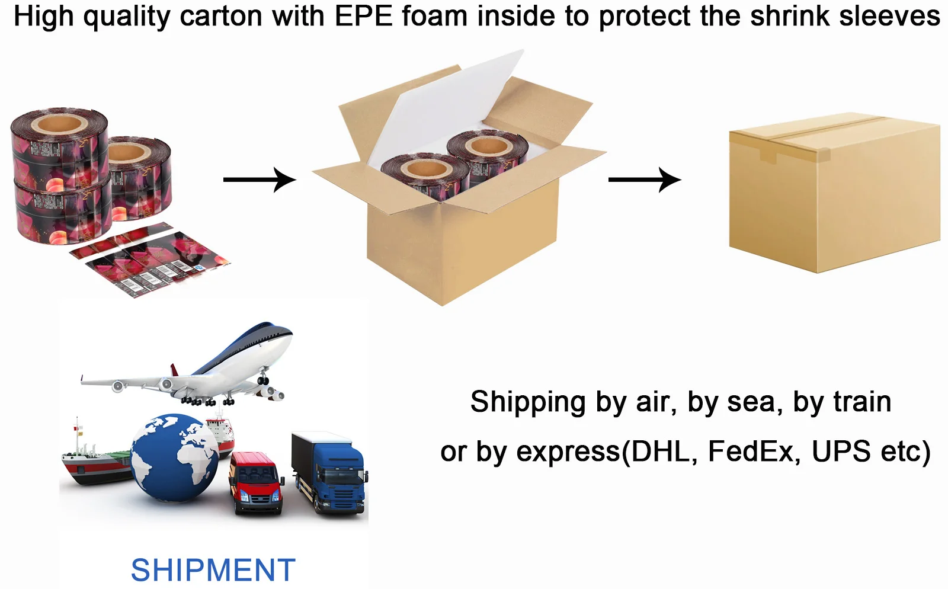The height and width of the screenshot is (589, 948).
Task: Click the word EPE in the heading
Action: click(364, 16)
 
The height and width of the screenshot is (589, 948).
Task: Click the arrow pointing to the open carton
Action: click(259, 179)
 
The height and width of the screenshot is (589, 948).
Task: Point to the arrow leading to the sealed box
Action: click(644, 179)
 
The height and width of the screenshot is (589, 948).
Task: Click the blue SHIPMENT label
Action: click(213, 570)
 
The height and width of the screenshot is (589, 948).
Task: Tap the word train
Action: click(862, 402)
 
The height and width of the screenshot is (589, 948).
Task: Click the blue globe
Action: click(175, 457)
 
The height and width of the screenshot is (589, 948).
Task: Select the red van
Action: click(256, 482)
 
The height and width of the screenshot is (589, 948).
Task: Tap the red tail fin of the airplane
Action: click(174, 370)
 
